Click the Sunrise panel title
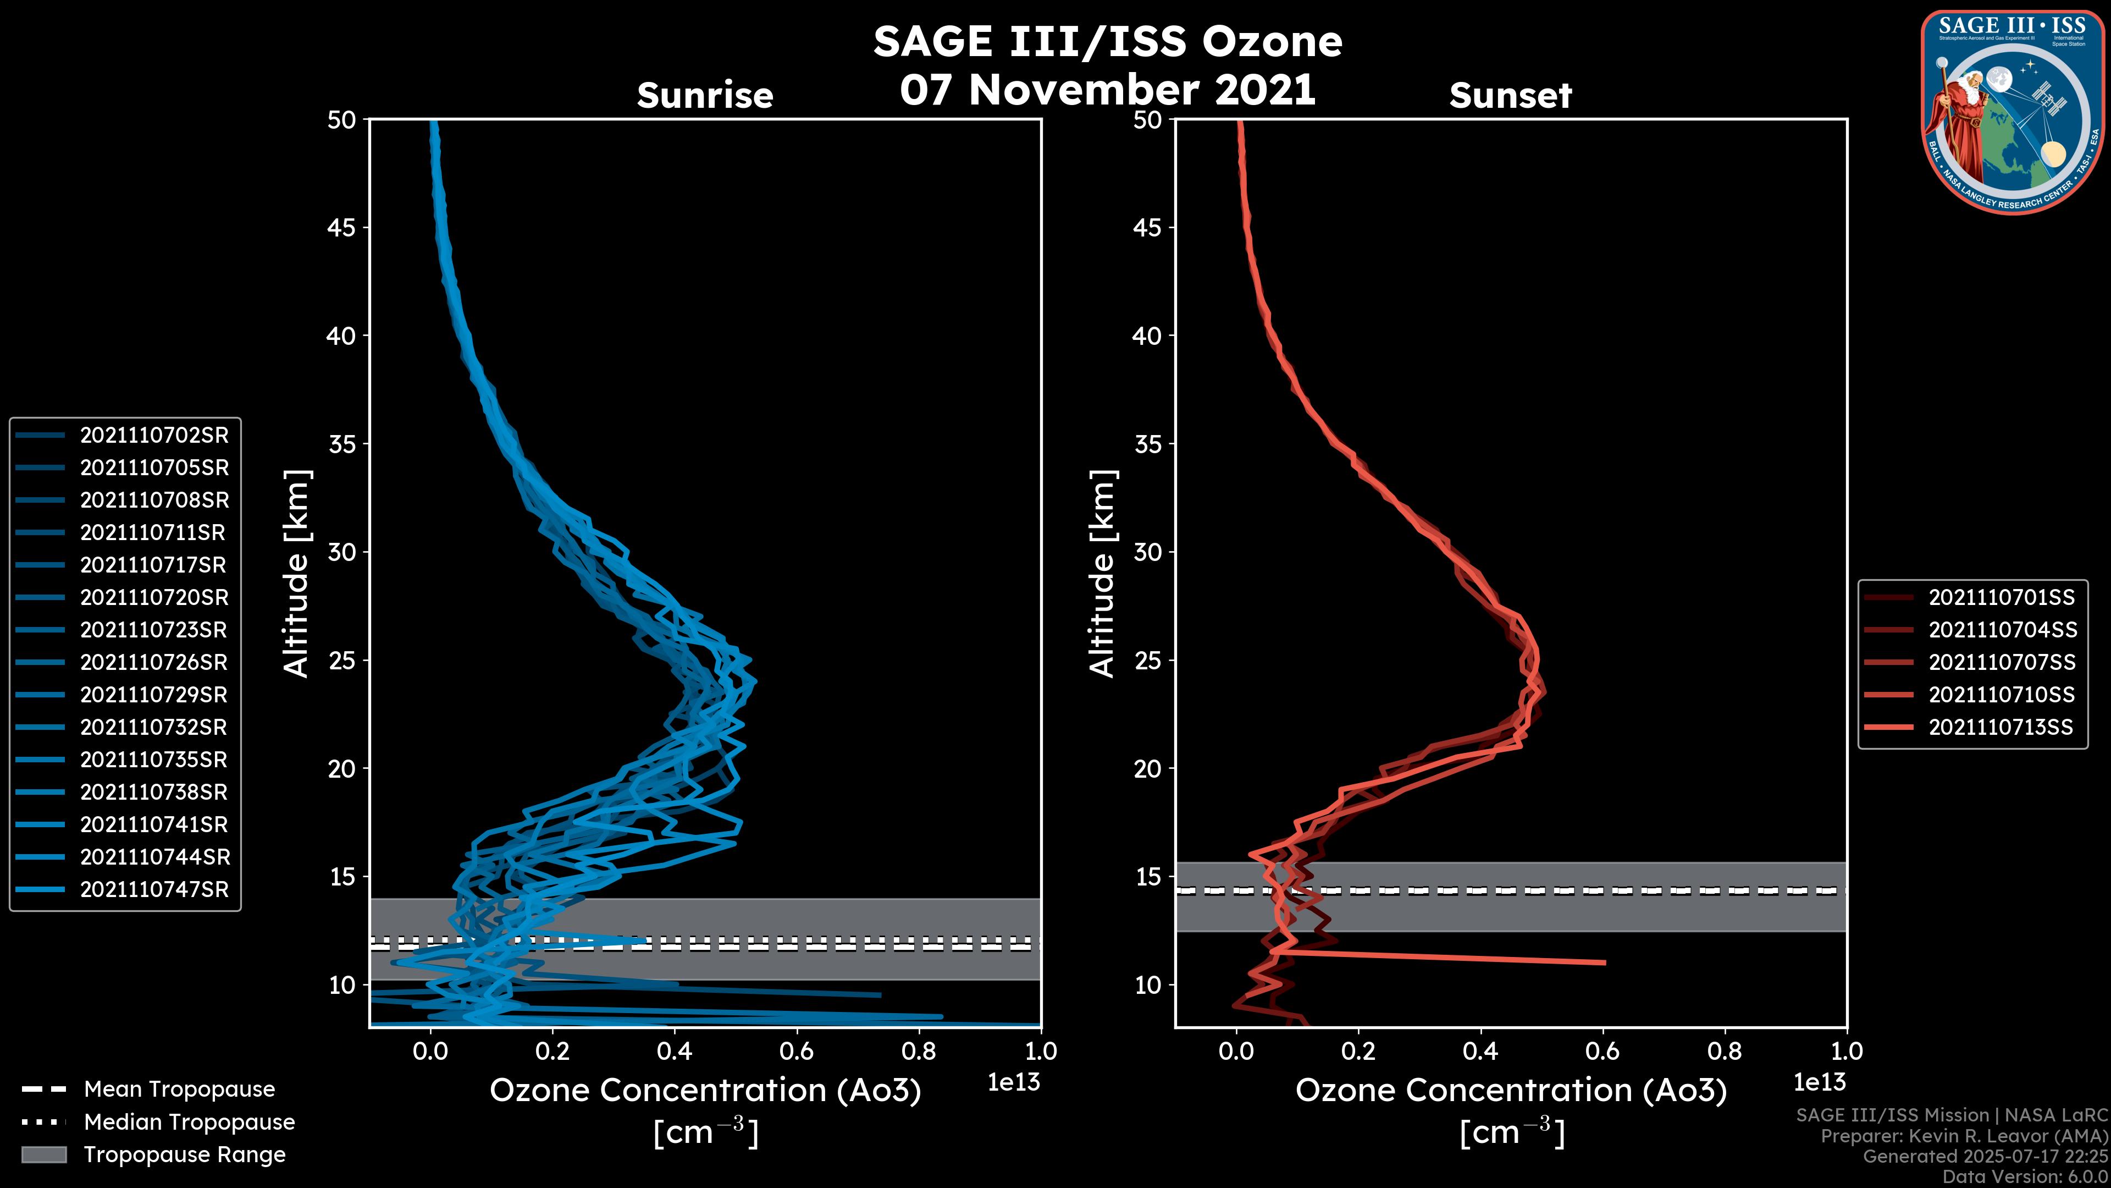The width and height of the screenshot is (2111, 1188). tap(705, 96)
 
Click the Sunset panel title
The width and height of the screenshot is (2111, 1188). tap(1510, 96)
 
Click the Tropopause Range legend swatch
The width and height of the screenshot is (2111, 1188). tap(43, 1154)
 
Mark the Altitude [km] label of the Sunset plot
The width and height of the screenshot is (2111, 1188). tap(1102, 574)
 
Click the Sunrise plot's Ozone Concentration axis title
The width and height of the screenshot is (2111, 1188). tap(705, 1091)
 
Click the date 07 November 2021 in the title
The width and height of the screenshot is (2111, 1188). tap(1107, 90)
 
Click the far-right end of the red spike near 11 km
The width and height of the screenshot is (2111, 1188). tap(1604, 963)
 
